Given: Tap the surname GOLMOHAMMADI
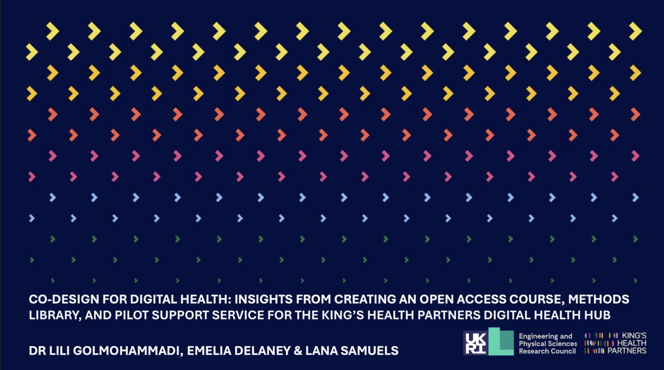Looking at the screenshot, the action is click(x=128, y=351).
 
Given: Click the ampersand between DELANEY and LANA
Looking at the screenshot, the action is click(x=298, y=351).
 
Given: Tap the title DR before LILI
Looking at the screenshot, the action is click(x=37, y=351).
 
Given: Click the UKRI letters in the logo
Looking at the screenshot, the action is click(x=476, y=343).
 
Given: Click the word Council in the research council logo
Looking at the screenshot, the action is click(x=564, y=351).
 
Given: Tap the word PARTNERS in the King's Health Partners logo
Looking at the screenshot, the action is click(x=627, y=351).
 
